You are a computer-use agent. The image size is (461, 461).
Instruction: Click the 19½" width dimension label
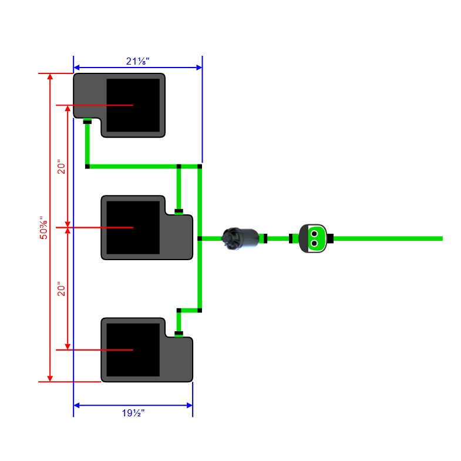[133, 413]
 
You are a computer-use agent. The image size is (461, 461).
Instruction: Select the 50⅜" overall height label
[43, 227]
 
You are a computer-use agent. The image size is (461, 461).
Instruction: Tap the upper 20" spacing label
[61, 166]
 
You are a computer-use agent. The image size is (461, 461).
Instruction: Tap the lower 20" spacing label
[61, 288]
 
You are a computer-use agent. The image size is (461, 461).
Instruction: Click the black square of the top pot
[133, 105]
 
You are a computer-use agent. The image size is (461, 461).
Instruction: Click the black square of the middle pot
[133, 227]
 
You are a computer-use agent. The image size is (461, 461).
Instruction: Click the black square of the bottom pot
[133, 349]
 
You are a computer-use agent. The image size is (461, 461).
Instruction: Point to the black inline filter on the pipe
[240, 238]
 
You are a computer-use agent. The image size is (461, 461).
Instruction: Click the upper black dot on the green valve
[314, 233]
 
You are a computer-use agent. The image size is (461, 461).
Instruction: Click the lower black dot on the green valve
[314, 243]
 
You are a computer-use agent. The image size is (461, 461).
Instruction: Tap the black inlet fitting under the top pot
[87, 122]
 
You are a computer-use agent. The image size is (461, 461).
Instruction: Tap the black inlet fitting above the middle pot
[179, 210]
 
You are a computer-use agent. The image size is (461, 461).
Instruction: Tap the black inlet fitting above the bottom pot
[179, 333]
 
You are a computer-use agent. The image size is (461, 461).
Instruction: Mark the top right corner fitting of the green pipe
[200, 167]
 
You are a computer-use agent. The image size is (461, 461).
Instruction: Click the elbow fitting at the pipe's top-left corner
[88, 167]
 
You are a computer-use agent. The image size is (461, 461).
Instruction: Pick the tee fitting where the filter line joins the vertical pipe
[200, 238]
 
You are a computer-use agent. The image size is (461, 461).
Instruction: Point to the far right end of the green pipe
[440, 238]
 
